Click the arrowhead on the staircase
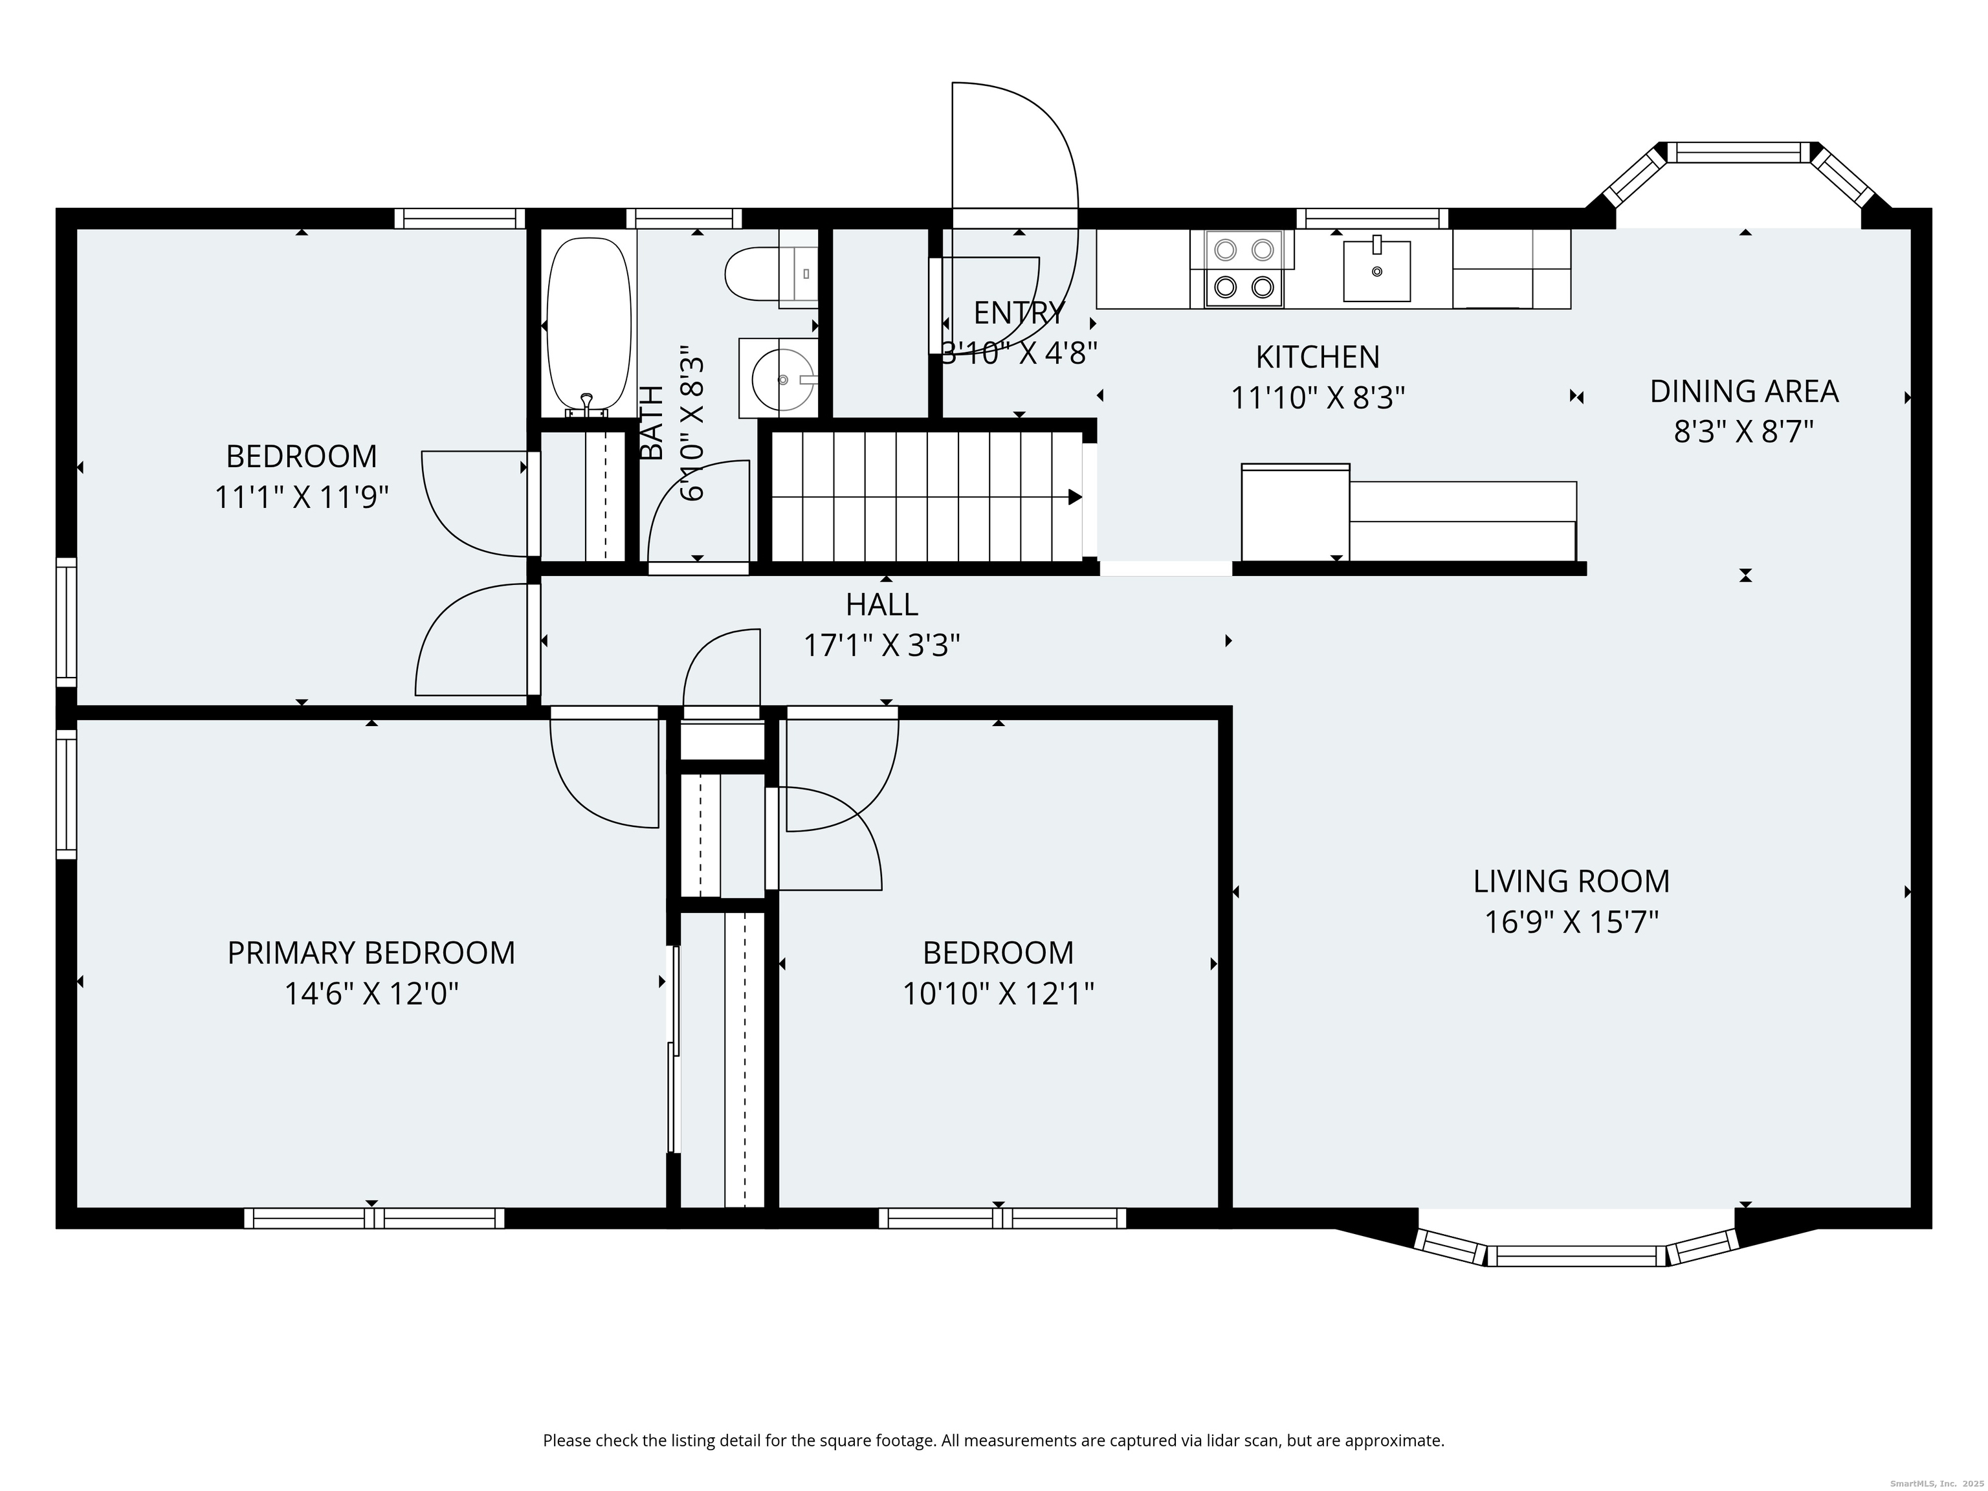(x=1075, y=497)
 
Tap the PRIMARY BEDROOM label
(x=371, y=953)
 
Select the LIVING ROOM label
(x=1571, y=881)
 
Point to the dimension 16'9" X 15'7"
(x=1571, y=922)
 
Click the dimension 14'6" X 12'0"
(x=371, y=994)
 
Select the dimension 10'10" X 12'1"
(x=998, y=994)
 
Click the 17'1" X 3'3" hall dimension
(x=881, y=645)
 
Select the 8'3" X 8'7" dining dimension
(x=1743, y=432)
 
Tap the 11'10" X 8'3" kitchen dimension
(x=1318, y=397)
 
